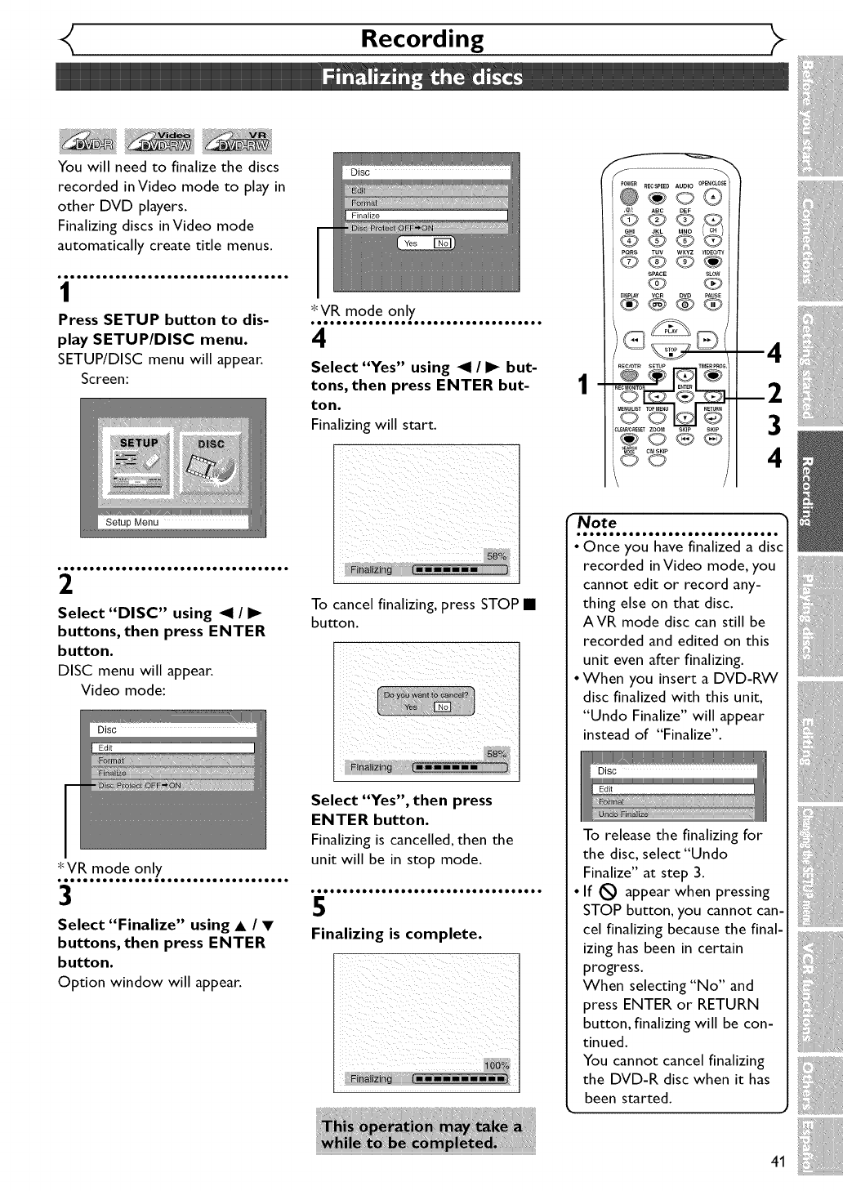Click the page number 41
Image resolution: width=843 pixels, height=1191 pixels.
coord(777,1162)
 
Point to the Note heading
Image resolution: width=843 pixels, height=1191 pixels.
coord(597,522)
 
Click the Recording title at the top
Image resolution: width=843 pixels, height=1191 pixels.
coord(421,38)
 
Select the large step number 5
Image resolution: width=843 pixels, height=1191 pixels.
coord(319,907)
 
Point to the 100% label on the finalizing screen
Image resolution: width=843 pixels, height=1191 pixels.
coord(496,1065)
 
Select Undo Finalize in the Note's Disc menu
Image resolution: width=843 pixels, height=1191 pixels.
coord(623,814)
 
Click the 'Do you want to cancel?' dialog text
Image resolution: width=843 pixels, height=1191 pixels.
coord(426,695)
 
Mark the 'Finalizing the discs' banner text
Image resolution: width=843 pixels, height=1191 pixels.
coord(421,78)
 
